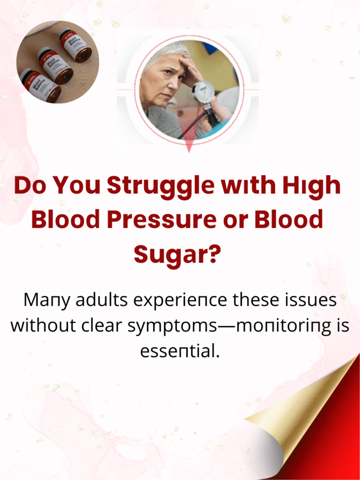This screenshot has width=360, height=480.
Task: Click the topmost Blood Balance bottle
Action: click(75, 45)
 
